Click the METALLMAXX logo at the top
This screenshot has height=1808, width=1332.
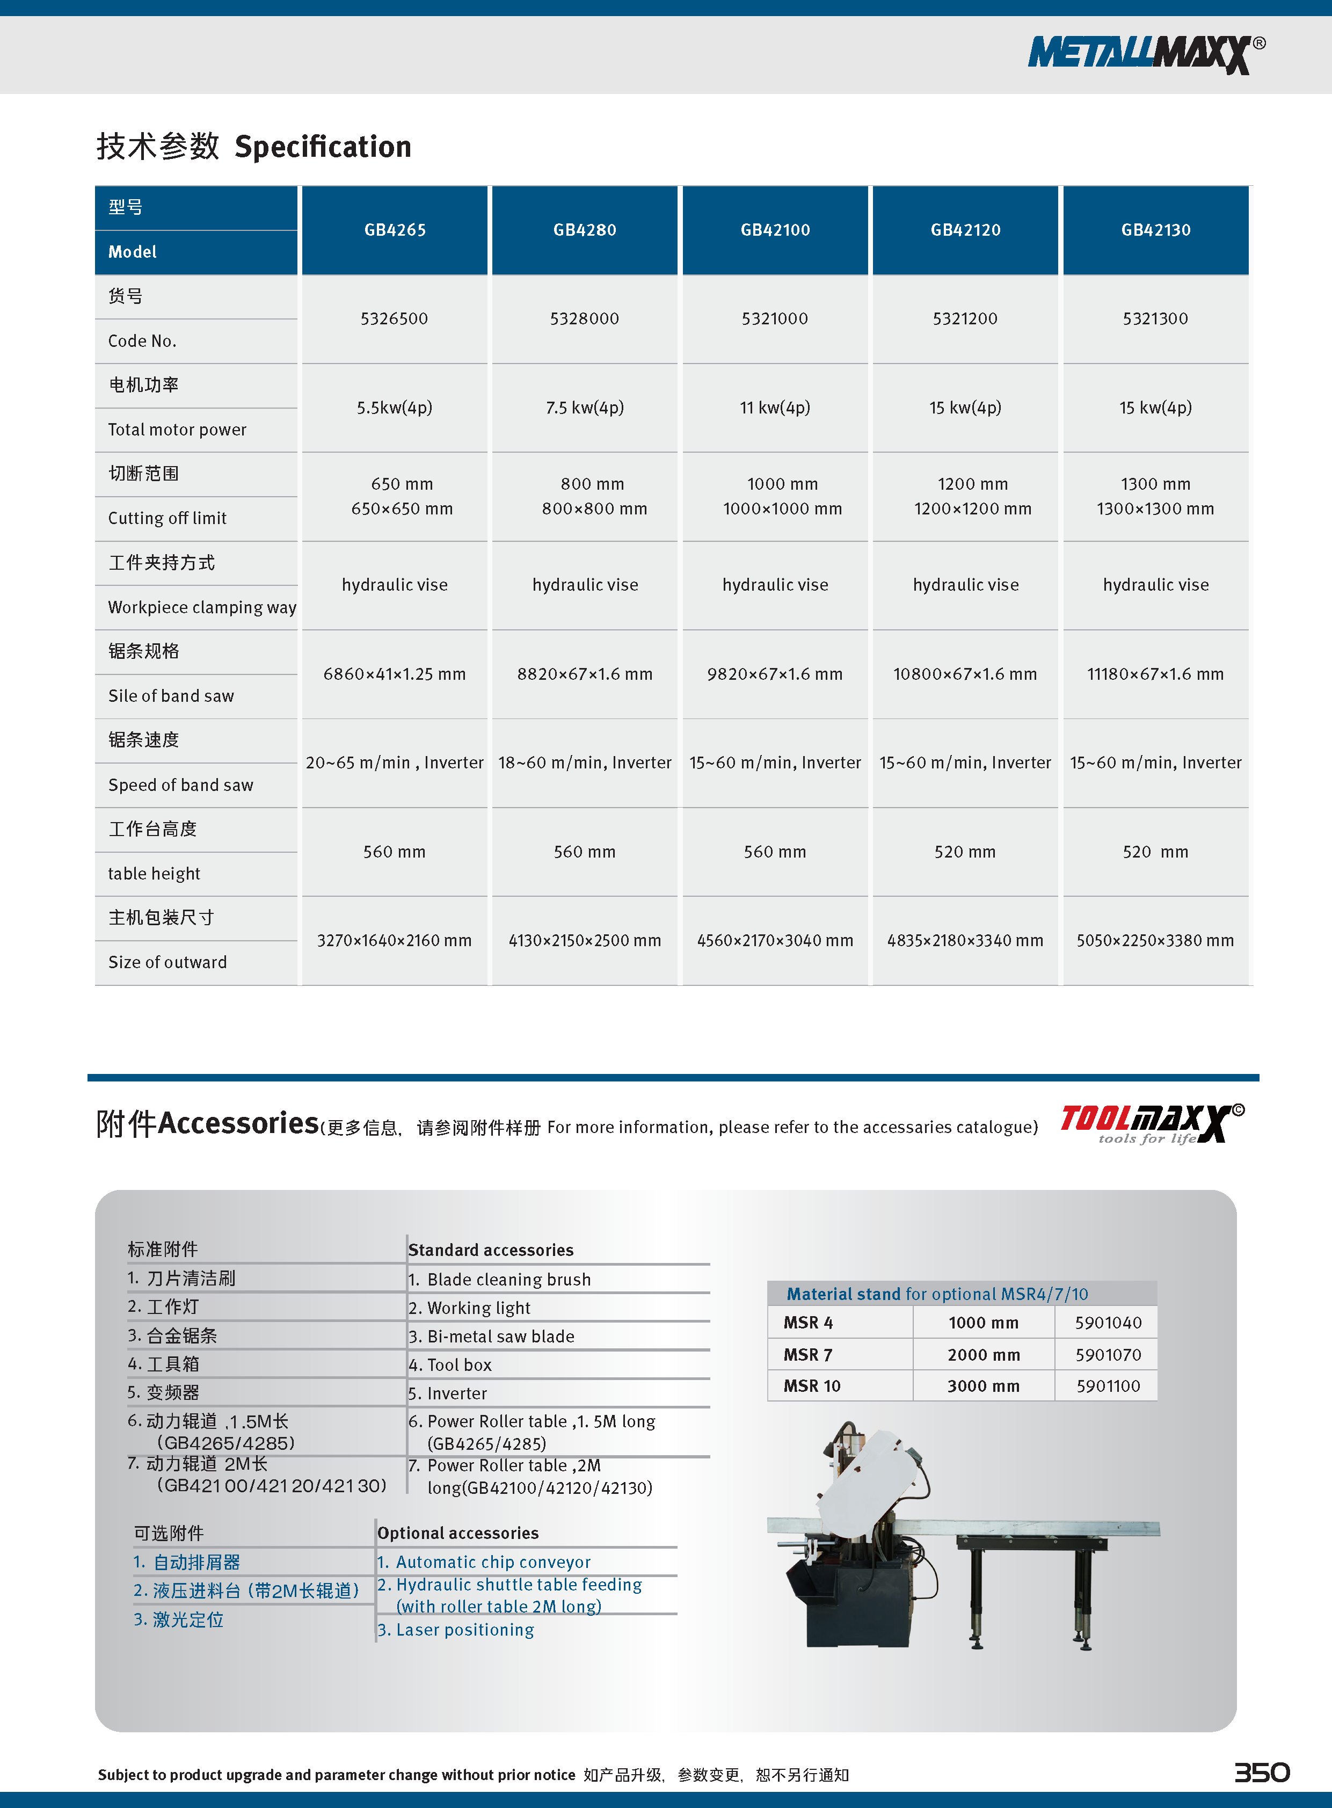click(x=1145, y=54)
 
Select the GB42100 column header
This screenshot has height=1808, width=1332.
click(x=775, y=230)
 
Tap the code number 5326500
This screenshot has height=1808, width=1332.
click(x=394, y=318)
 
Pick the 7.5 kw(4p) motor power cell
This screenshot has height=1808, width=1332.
click(x=585, y=407)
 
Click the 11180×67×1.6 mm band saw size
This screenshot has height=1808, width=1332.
click(x=1155, y=674)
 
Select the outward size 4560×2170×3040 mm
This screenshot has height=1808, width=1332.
click(x=775, y=940)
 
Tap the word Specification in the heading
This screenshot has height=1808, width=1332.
click(x=323, y=147)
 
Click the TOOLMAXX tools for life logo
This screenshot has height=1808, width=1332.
click(x=1152, y=1122)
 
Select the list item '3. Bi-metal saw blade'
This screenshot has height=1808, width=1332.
click(x=491, y=1336)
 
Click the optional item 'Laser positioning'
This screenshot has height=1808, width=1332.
click(x=456, y=1630)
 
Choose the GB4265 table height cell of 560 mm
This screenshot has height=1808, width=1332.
click(x=394, y=852)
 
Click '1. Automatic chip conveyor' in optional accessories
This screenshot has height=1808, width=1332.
click(x=484, y=1562)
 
